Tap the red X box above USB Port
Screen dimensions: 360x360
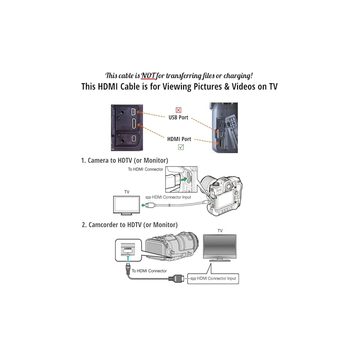[x=179, y=110]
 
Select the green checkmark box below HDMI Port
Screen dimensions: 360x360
[x=180, y=147]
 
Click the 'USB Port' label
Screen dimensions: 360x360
[x=178, y=118]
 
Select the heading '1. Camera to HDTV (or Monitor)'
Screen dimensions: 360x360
[x=125, y=160]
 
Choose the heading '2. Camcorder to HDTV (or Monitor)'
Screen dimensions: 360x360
[x=129, y=224]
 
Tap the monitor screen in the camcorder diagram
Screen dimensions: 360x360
[x=220, y=246]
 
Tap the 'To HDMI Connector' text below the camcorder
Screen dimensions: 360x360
[x=149, y=270]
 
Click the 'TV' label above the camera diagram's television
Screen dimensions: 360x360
[x=127, y=192]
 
